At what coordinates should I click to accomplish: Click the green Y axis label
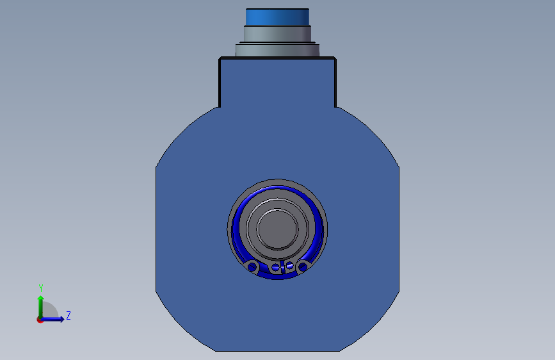pos(41,288)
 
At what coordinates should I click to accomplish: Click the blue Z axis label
pos(68,315)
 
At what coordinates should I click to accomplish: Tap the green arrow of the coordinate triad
pos(41,307)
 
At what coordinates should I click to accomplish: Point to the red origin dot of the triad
pos(40,320)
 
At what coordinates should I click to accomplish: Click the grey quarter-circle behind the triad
pos(50,310)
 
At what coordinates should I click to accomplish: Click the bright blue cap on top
pos(278,17)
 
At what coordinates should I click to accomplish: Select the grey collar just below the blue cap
pos(278,34)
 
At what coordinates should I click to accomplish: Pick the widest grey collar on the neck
pos(278,50)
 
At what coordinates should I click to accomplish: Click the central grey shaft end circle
pos(278,229)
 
